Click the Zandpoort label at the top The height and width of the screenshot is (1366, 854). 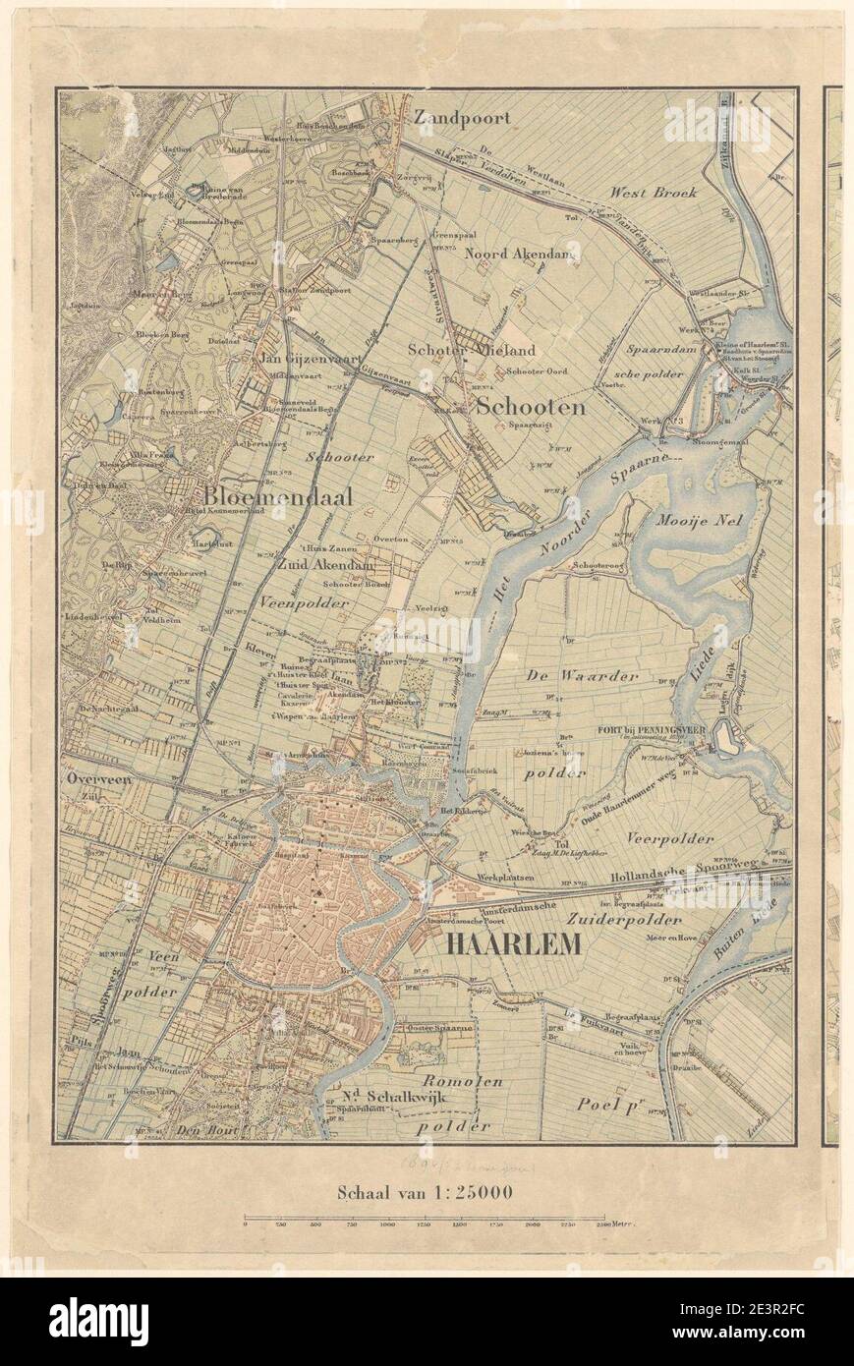pyautogui.click(x=462, y=117)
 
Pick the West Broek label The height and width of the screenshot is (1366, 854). pyautogui.click(x=654, y=192)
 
